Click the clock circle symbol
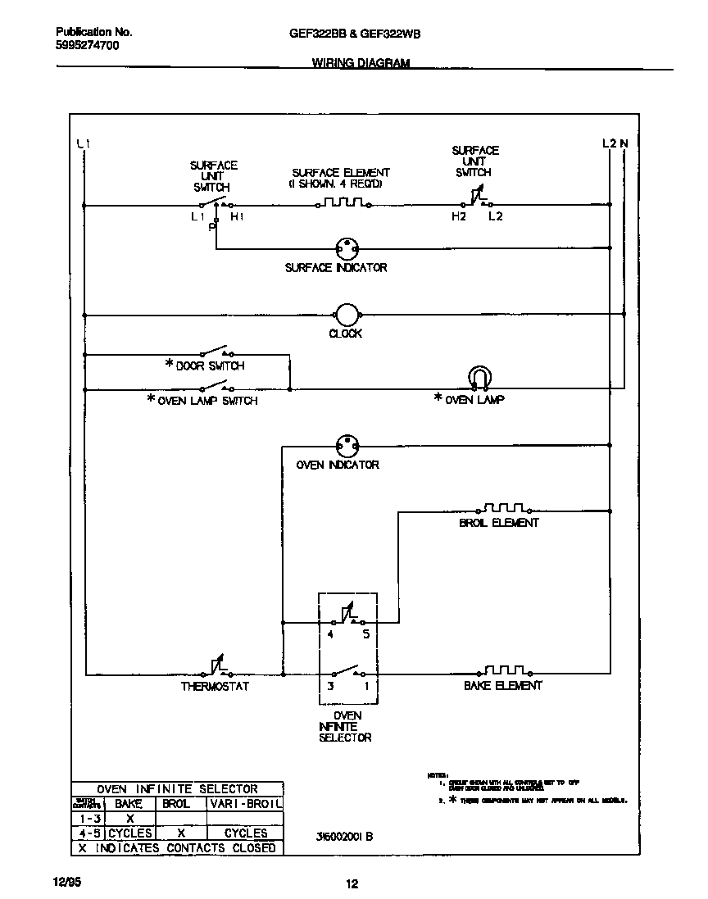tap(347, 315)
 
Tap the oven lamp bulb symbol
tap(479, 378)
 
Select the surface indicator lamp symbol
tap(347, 247)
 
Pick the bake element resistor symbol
tap(504, 670)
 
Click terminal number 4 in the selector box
tap(331, 634)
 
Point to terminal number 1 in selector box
tap(365, 686)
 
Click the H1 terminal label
tap(236, 217)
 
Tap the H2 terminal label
tap(458, 217)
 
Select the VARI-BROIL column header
tap(245, 805)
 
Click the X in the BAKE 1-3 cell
tap(129, 819)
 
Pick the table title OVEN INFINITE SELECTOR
tap(177, 789)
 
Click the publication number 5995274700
tap(87, 46)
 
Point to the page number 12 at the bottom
tap(352, 884)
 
